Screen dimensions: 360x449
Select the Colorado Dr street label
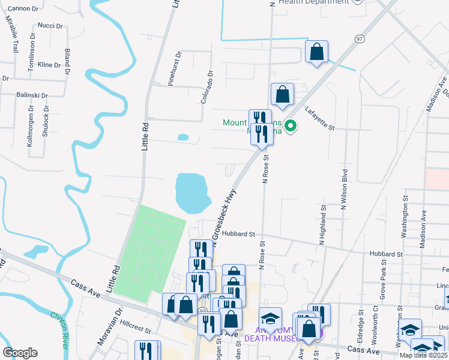point(207,88)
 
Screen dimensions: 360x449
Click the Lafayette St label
point(319,118)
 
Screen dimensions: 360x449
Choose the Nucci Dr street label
point(50,26)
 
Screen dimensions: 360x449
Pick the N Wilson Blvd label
point(345,191)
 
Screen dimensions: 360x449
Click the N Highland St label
point(322,226)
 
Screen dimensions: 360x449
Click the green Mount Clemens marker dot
point(291,126)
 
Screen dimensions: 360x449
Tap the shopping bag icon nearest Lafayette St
point(282,94)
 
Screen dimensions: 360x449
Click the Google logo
point(20,353)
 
